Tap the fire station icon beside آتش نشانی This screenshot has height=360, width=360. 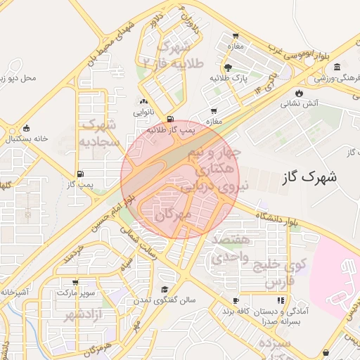300,92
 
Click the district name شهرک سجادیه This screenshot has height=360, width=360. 98,133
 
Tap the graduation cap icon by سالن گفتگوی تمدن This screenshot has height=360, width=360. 165,289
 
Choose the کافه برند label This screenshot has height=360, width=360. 236,310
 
